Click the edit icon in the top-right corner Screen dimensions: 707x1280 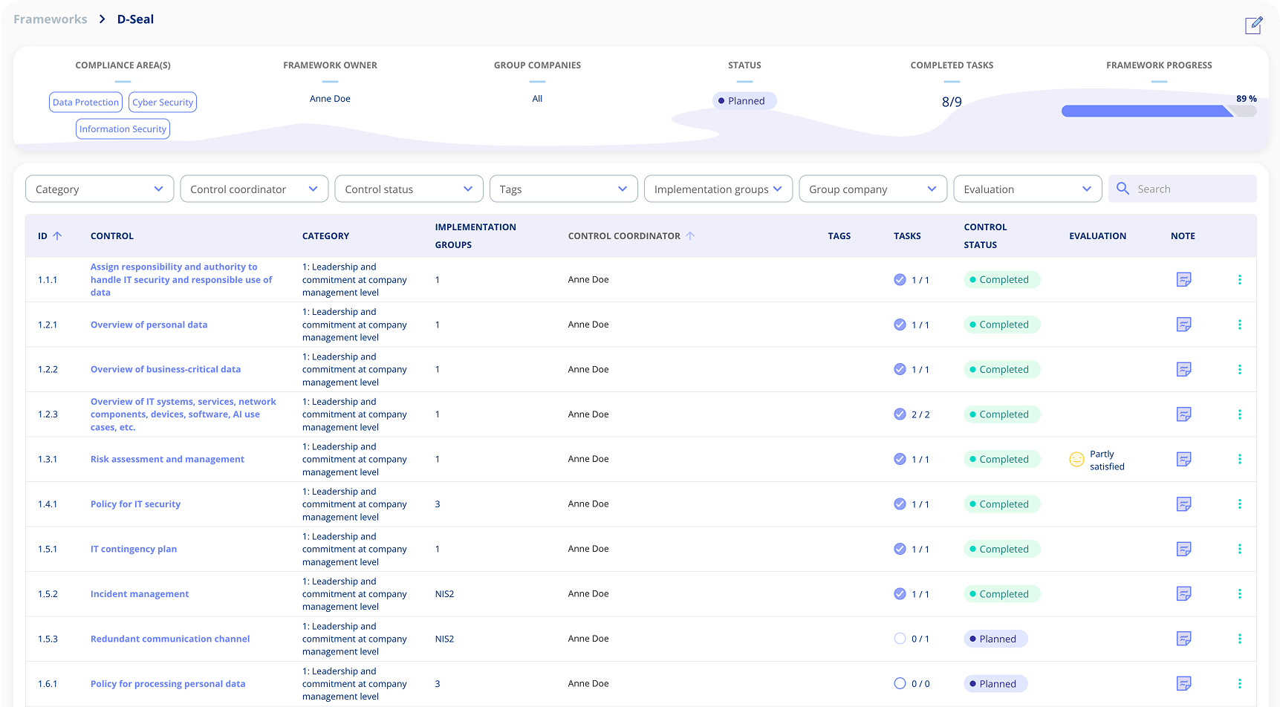tap(1253, 25)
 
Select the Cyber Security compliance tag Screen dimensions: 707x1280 tap(163, 102)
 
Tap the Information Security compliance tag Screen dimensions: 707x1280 tap(123, 129)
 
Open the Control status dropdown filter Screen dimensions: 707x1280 tap(409, 189)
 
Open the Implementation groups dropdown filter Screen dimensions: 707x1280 tap(718, 189)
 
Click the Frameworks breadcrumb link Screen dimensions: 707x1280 tap(51, 19)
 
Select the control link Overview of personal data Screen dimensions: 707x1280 tap(149, 325)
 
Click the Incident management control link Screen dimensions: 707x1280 tap(140, 594)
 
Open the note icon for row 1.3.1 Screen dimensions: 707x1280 tap(1184, 459)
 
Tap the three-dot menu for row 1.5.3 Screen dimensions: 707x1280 tap(1239, 639)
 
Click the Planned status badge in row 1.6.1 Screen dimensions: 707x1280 tap(995, 684)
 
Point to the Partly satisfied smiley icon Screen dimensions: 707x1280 tap(1076, 460)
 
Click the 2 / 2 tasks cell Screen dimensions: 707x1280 tap(920, 414)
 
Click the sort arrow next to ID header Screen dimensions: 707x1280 tap(57, 236)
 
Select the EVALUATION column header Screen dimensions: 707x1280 tap(1097, 236)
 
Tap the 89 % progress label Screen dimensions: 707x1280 tap(1246, 99)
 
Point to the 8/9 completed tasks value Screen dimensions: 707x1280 tap(952, 102)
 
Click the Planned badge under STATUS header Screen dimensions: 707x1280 tap(744, 101)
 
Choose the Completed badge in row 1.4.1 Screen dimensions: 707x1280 tap(1001, 504)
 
